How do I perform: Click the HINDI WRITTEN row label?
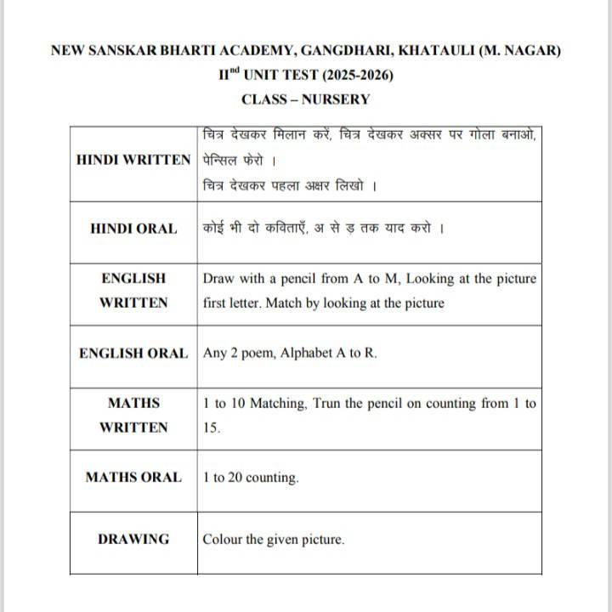[133, 159]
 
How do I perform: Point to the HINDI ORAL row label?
[133, 229]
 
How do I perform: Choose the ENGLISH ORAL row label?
[133, 354]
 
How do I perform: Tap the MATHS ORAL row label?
[133, 478]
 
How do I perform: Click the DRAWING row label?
[133, 539]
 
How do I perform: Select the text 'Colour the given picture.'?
[274, 539]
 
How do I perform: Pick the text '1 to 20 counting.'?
[251, 478]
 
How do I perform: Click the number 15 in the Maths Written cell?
[211, 428]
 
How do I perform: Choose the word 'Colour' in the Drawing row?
[223, 539]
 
